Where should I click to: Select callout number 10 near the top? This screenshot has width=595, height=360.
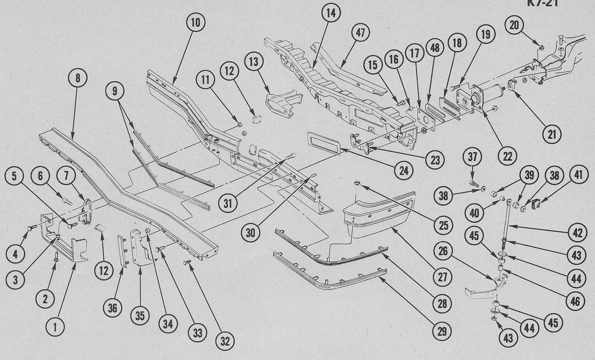click(x=196, y=23)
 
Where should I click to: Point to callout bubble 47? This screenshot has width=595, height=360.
click(x=360, y=33)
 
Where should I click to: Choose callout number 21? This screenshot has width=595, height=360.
click(x=551, y=135)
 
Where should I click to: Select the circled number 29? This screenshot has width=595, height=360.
click(x=443, y=332)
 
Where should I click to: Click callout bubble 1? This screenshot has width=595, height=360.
click(x=56, y=326)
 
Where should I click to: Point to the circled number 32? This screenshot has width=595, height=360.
click(x=224, y=341)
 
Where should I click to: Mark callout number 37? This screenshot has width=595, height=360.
click(x=473, y=156)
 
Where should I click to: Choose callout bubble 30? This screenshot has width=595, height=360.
click(x=250, y=233)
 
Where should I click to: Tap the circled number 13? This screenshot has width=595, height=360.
click(x=254, y=61)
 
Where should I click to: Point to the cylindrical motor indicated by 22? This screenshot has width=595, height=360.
click(x=486, y=95)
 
